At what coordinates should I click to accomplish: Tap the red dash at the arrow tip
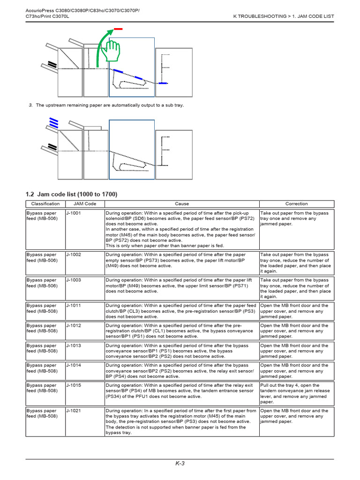[x=118, y=29]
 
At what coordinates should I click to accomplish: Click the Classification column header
[x=45, y=204]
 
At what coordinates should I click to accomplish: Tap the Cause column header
[x=182, y=204]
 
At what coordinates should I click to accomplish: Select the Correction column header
[x=296, y=204]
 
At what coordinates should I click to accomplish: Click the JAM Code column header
[x=85, y=204]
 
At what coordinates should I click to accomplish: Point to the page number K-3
[x=180, y=464]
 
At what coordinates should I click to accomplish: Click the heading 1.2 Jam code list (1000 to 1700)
[x=71, y=194]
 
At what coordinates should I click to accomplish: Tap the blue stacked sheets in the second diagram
[x=53, y=123]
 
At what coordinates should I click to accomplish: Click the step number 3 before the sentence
[x=30, y=105]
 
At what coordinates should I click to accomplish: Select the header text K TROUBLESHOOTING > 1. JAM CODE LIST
[x=284, y=16]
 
